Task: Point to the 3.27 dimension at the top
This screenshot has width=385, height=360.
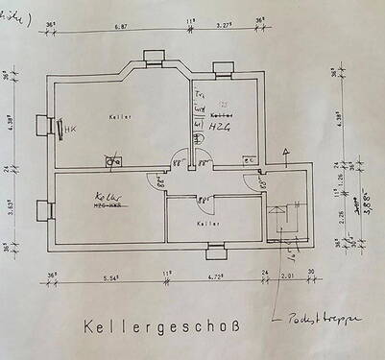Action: click(223, 28)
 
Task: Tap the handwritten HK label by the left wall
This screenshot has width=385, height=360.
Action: click(70, 128)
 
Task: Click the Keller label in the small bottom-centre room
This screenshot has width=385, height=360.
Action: click(205, 223)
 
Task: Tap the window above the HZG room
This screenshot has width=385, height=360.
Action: click(224, 67)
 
